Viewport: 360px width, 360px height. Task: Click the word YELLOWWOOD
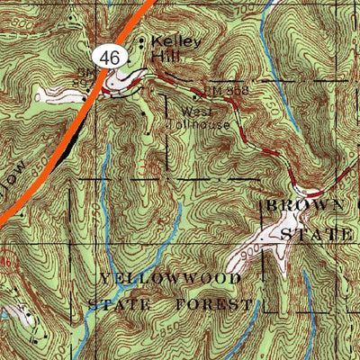[x=171, y=279]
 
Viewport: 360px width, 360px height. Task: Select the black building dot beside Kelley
[x=141, y=40]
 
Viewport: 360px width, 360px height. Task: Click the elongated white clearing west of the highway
[x=52, y=94]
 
